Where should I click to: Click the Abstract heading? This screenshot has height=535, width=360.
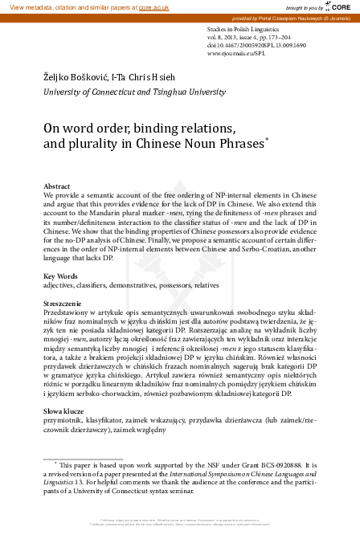[x=55, y=185]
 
